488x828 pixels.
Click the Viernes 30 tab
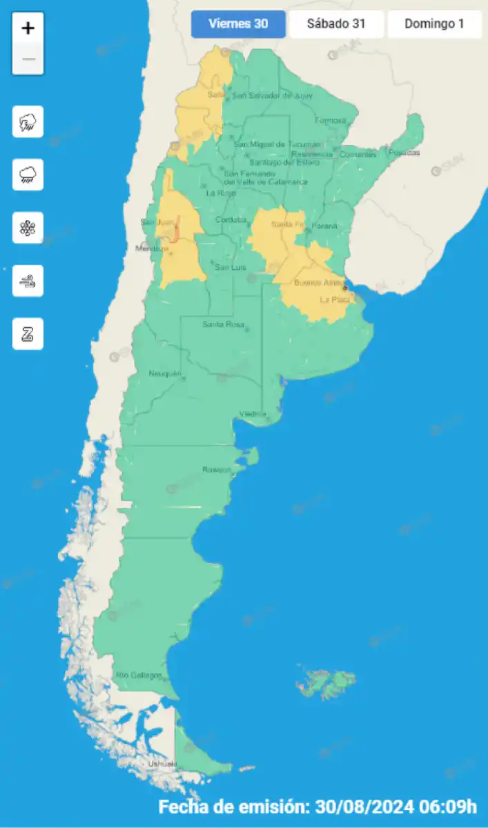[238, 24]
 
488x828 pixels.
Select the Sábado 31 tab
[336, 24]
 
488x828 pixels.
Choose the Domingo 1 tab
[434, 24]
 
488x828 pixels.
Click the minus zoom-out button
[28, 59]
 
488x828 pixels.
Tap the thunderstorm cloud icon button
[28, 122]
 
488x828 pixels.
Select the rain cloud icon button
[28, 175]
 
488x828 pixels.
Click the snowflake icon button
[28, 228]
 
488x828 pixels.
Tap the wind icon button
[28, 281]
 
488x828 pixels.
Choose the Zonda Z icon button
[28, 334]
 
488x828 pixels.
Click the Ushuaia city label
[162, 764]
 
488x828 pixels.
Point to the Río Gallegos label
[139, 675]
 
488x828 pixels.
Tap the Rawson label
[216, 469]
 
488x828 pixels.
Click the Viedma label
[253, 414]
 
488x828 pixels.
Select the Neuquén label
[164, 374]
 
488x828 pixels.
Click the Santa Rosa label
[222, 324]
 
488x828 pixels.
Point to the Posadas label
[404, 152]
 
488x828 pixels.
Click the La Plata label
[335, 299]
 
